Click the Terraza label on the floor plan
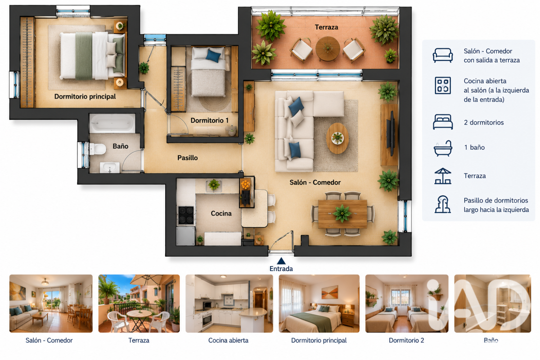[x=326, y=27]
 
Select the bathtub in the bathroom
[x=112, y=123]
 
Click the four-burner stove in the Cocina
[x=186, y=215]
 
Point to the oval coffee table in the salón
[x=337, y=138]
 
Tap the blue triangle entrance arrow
[x=281, y=261]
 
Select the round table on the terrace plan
[x=328, y=49]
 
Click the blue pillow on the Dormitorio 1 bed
[x=213, y=55]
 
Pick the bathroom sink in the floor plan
[x=110, y=167]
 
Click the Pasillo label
[x=188, y=158]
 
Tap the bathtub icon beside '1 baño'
[x=442, y=148]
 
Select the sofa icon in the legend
[x=442, y=55]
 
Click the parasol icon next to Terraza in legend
[x=442, y=176]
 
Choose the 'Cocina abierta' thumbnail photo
[x=229, y=303]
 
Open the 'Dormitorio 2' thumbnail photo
[x=407, y=303]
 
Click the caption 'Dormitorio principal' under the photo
[x=319, y=340]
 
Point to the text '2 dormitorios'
[x=483, y=122]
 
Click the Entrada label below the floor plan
[x=281, y=269]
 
